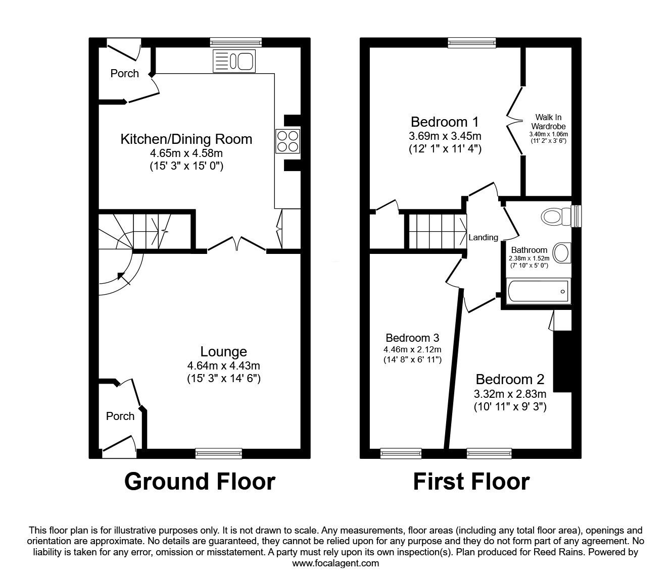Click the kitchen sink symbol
pyautogui.click(x=234, y=61)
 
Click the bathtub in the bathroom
pyautogui.click(x=538, y=290)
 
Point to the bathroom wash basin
pyautogui.click(x=562, y=253)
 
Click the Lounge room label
pyautogui.click(x=223, y=352)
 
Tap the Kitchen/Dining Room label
pyautogui.click(x=186, y=139)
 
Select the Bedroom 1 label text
pyautogui.click(x=444, y=122)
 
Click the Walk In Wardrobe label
pyautogui.click(x=548, y=122)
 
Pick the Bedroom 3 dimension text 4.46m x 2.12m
pyautogui.click(x=412, y=349)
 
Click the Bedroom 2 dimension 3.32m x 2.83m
pyautogui.click(x=509, y=394)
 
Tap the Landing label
pyautogui.click(x=483, y=237)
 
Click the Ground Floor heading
pyautogui.click(x=200, y=481)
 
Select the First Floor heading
pyautogui.click(x=471, y=481)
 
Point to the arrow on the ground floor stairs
pyautogui.click(x=120, y=276)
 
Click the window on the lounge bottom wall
pyautogui.click(x=218, y=453)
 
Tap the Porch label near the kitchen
pyautogui.click(x=124, y=73)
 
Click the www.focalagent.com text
pyautogui.click(x=335, y=563)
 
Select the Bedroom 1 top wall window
pyautogui.click(x=471, y=43)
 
